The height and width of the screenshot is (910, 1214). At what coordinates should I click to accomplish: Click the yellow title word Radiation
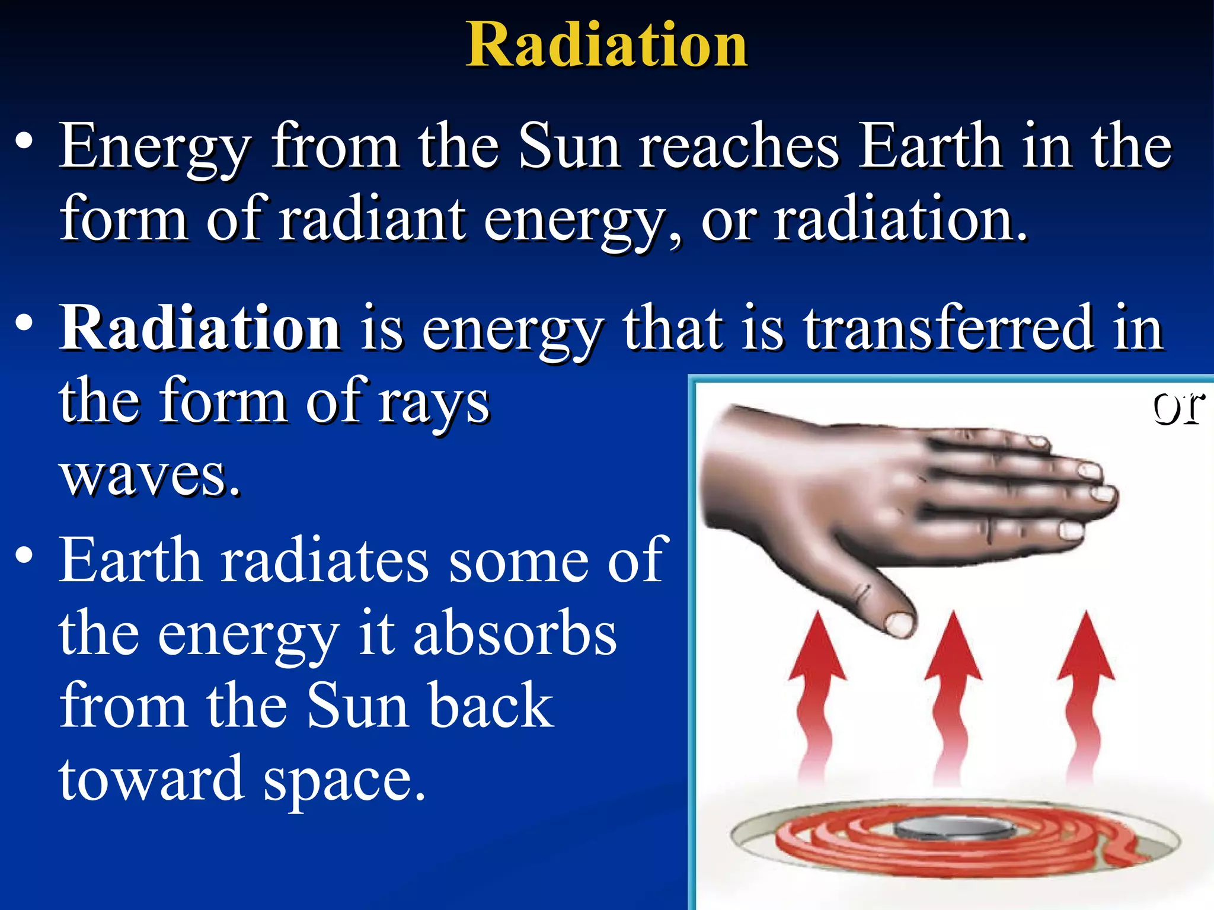606,44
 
